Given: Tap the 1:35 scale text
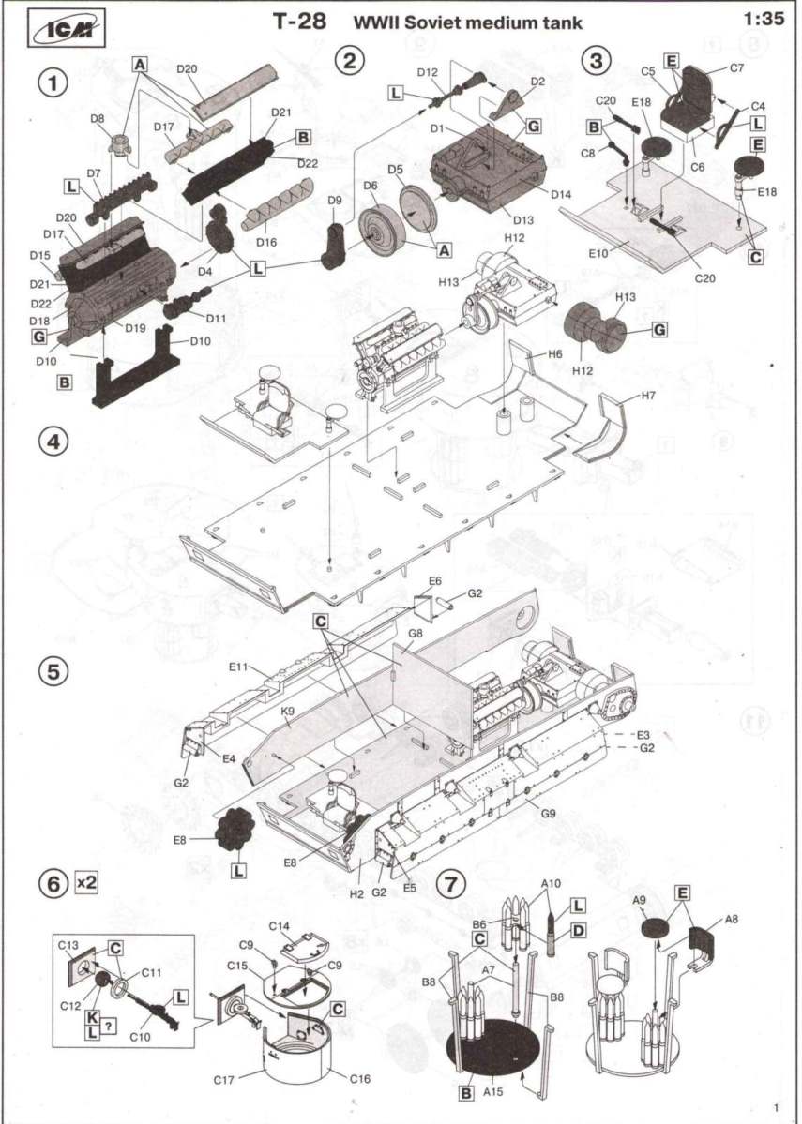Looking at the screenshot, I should (763, 18).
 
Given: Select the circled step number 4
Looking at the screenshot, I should (53, 441).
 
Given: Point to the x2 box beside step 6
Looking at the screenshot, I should (86, 883).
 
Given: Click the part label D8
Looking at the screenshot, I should (98, 119).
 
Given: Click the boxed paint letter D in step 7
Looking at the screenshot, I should (578, 931).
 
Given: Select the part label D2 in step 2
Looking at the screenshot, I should (537, 82).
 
